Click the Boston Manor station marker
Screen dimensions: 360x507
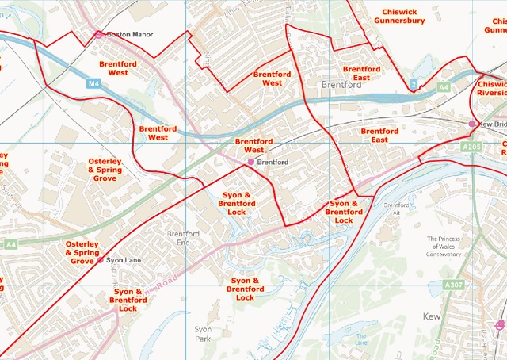click(x=99, y=35)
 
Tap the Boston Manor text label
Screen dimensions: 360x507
click(x=129, y=35)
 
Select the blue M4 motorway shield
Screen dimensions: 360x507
click(x=94, y=82)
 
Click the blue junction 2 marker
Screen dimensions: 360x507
click(x=414, y=83)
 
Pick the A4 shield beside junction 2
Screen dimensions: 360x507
click(x=443, y=85)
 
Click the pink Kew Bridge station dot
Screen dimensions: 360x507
click(x=472, y=124)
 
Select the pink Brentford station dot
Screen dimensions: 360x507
click(x=251, y=162)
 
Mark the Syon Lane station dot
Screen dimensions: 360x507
click(x=100, y=260)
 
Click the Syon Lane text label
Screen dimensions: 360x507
click(x=123, y=260)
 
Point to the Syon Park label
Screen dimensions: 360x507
click(x=204, y=333)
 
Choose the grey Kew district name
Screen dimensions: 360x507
click(x=432, y=316)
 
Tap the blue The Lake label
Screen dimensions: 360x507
click(x=362, y=342)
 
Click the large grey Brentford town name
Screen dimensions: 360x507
click(x=342, y=83)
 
